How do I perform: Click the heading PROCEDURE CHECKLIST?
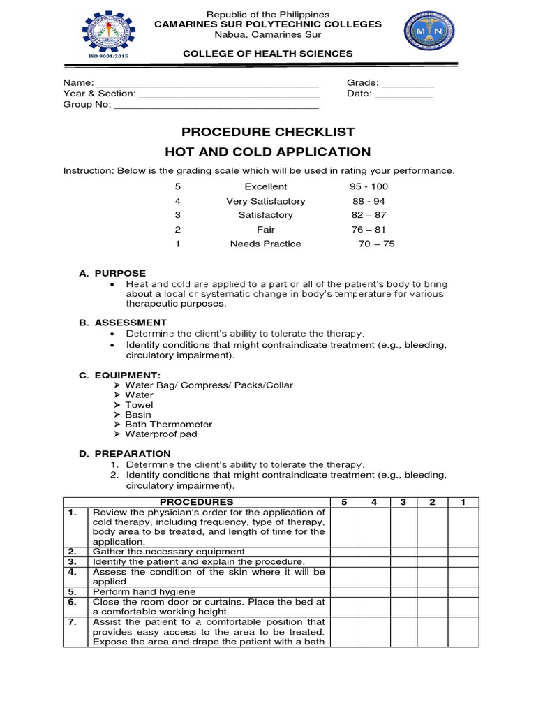[x=268, y=132]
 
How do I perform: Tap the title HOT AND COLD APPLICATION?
[x=268, y=152]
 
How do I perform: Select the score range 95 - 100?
[x=368, y=186]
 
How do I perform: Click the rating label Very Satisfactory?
[x=266, y=201]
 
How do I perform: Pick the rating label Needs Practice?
[x=266, y=244]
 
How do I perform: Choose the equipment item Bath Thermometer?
[x=168, y=424]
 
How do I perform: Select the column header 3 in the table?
[x=403, y=502]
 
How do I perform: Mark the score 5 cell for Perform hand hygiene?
[x=343, y=591]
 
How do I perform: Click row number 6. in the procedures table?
[x=72, y=601]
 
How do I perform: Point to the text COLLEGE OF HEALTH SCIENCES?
[x=268, y=54]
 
